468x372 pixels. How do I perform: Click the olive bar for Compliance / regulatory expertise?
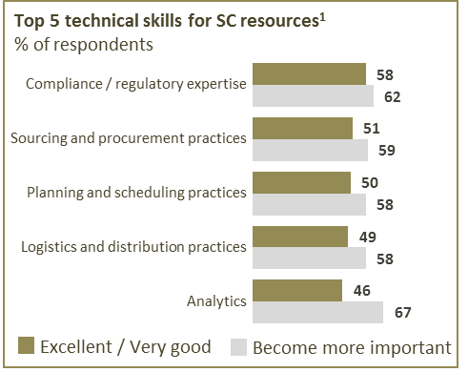[x=309, y=74]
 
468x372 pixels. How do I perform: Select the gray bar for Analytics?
[x=317, y=312]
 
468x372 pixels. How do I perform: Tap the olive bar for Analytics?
[x=297, y=291]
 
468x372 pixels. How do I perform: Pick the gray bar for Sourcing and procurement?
[x=310, y=150]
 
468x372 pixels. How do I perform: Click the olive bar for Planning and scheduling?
[x=301, y=183]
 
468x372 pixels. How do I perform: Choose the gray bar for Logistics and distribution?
[x=309, y=258]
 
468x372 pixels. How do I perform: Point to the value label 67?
[x=403, y=313]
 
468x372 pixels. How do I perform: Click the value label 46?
[x=362, y=291]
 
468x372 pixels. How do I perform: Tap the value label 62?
[x=393, y=97]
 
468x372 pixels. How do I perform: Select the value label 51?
[x=372, y=129]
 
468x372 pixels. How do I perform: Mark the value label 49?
[x=368, y=238]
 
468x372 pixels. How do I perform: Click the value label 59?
[x=387, y=151]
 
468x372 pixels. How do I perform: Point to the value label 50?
[x=370, y=183]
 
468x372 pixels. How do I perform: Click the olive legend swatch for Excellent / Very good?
[x=26, y=345]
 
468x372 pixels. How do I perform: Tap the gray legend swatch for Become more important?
[x=238, y=347]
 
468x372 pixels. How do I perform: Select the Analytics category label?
[x=216, y=301]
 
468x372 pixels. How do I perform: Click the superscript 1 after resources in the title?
[x=322, y=18]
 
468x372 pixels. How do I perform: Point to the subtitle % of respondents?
[x=84, y=44]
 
